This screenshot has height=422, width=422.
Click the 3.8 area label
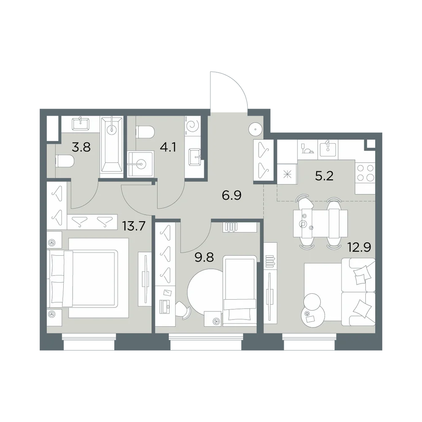(x=81, y=147)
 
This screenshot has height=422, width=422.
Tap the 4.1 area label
(x=168, y=147)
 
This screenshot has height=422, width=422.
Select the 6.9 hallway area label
(x=231, y=195)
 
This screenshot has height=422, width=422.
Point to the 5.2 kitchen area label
(x=324, y=176)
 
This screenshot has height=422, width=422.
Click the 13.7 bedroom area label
(x=134, y=226)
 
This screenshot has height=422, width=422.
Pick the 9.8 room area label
(x=204, y=257)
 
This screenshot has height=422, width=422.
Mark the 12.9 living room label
(x=360, y=247)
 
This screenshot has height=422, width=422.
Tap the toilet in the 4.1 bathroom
(x=145, y=132)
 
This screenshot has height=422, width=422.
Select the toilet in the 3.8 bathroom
(x=65, y=161)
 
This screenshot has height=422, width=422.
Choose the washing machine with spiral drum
(x=193, y=126)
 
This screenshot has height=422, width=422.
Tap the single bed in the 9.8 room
(x=240, y=291)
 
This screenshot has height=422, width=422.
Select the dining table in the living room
(x=320, y=223)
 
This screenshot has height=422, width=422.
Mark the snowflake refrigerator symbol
(x=287, y=175)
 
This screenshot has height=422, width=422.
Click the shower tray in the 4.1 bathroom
(x=141, y=164)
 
